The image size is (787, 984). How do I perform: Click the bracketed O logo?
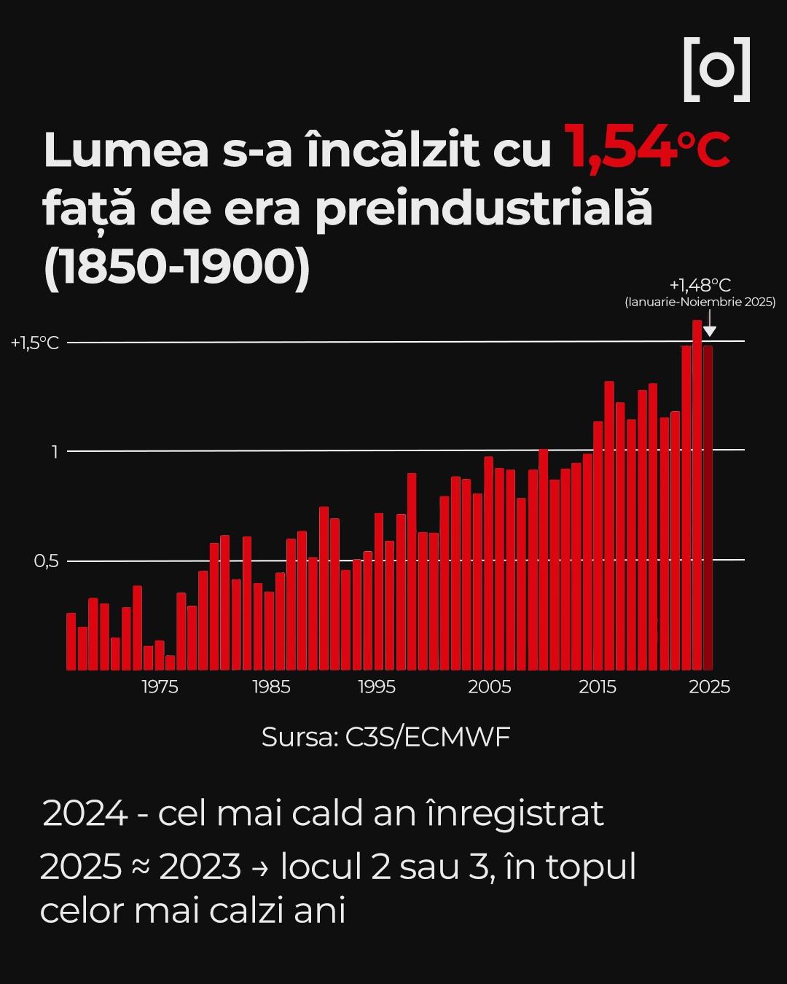[x=717, y=69]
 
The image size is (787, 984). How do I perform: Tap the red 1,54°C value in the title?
[x=646, y=148]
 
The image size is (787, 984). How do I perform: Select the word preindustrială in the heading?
[x=483, y=208]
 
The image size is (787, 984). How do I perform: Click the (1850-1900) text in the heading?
[x=177, y=267]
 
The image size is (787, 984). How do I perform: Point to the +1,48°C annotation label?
[x=700, y=285]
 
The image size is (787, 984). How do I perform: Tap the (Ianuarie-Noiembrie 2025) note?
[x=700, y=302]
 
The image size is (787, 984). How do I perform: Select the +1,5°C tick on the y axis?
[x=35, y=343]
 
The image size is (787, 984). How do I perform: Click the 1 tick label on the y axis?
[x=54, y=452]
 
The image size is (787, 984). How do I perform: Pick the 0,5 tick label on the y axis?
[x=46, y=561]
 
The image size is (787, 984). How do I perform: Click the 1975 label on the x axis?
[x=160, y=687]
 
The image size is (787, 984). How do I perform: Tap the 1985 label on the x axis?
[x=271, y=687]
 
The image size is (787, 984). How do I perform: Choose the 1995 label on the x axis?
[x=377, y=687]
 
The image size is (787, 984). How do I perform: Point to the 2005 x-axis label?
[x=489, y=687]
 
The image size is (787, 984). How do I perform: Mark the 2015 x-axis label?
[x=598, y=687]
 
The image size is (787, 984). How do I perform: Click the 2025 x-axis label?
[x=709, y=687]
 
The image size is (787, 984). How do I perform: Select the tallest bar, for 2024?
[x=697, y=496]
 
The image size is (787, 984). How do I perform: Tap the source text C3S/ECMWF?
[x=428, y=737]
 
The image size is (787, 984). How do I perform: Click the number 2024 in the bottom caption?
[x=85, y=813]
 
